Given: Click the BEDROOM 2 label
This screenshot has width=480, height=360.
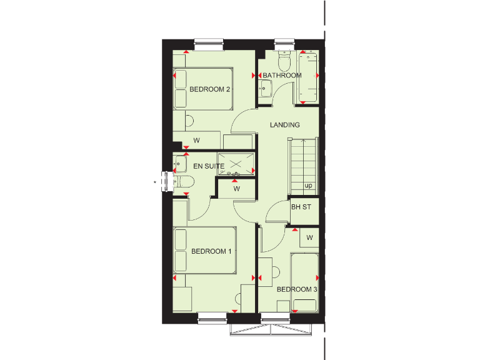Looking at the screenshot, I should pos(211,89).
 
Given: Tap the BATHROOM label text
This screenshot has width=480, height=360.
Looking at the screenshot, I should pos(282,76).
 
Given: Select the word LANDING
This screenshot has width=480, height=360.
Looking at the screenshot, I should pos(285,125).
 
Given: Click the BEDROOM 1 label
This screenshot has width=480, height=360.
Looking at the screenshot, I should pos(211,251).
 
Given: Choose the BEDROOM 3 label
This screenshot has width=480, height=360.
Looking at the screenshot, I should pos(297,289).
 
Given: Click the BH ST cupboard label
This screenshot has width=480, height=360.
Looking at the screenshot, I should pos(301,207).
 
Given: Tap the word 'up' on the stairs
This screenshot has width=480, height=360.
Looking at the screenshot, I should pos(308,186).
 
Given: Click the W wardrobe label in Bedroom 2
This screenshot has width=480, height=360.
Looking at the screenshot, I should pos(196,140).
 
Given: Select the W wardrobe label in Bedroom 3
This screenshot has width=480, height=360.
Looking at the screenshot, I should pos(309,237).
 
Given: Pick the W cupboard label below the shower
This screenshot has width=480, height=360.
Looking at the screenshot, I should pos(237,188).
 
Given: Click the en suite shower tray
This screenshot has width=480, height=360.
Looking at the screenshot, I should pos(236,164).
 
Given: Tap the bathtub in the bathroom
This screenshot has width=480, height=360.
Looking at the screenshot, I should pos(309,76).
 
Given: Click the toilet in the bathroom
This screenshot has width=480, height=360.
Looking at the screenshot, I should pos(284,62).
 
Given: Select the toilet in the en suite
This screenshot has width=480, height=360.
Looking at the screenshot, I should pos(184,182).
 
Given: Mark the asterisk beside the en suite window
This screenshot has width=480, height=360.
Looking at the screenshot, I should pos(155,182).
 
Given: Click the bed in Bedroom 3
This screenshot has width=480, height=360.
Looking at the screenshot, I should pos(305,281).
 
